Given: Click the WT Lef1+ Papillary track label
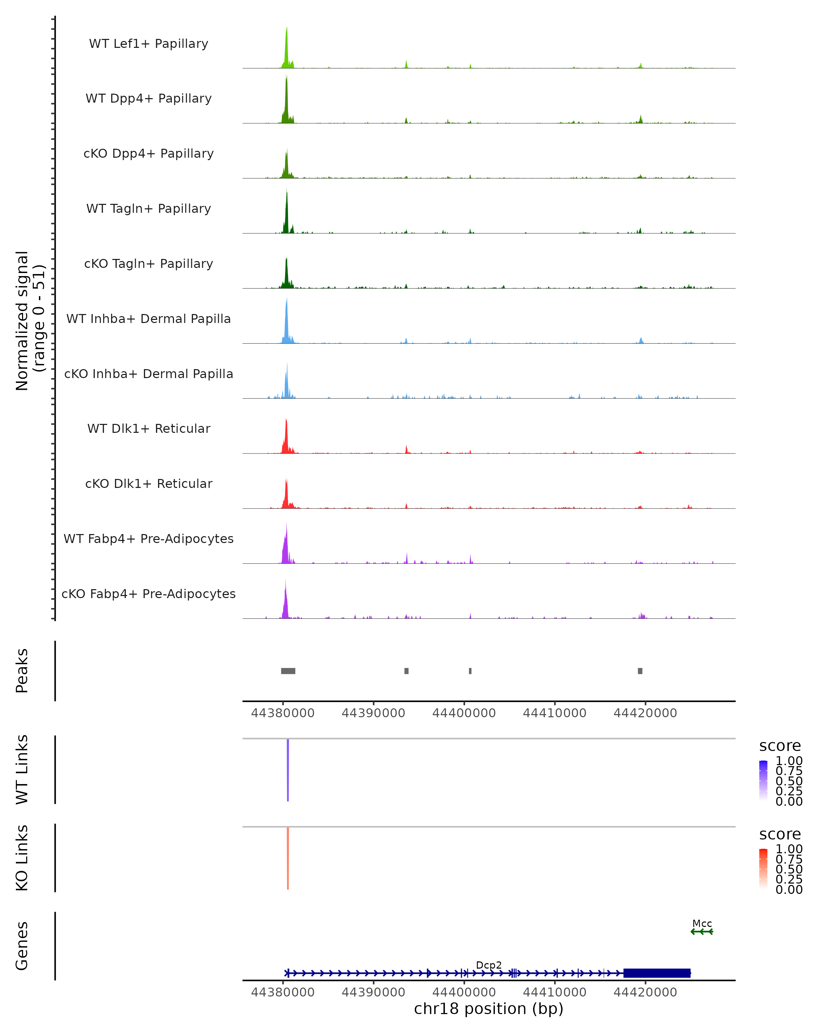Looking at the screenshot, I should [x=149, y=44].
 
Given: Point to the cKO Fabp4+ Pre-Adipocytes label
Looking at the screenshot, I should [x=149, y=594].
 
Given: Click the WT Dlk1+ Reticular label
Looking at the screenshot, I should [x=149, y=428].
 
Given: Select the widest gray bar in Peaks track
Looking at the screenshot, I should [x=288, y=671].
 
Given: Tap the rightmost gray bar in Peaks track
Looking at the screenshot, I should [x=640, y=671].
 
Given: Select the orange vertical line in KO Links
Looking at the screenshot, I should [x=288, y=858].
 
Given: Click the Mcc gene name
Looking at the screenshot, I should [x=702, y=923].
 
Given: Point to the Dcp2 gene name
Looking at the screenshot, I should [x=489, y=965].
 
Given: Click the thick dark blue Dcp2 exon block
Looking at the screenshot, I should [x=657, y=973].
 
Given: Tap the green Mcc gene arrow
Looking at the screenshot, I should [x=702, y=931].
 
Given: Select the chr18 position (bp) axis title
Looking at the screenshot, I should [x=489, y=1009].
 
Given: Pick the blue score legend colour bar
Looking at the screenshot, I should [x=763, y=780].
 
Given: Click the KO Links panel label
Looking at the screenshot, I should [x=22, y=858].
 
